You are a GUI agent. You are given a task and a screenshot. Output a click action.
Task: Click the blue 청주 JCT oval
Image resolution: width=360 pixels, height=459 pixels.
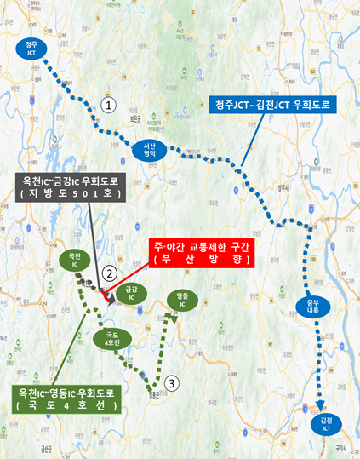coord(31,46)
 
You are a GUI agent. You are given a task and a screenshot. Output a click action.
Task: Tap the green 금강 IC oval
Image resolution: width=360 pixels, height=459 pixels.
coord(132,294)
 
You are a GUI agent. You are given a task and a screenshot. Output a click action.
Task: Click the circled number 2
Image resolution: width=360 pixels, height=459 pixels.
coord(109,273)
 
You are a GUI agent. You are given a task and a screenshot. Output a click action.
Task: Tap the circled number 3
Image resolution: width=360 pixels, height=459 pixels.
coord(173,383)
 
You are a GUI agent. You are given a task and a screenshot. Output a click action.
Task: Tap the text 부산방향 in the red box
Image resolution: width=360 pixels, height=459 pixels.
coord(200,259)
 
